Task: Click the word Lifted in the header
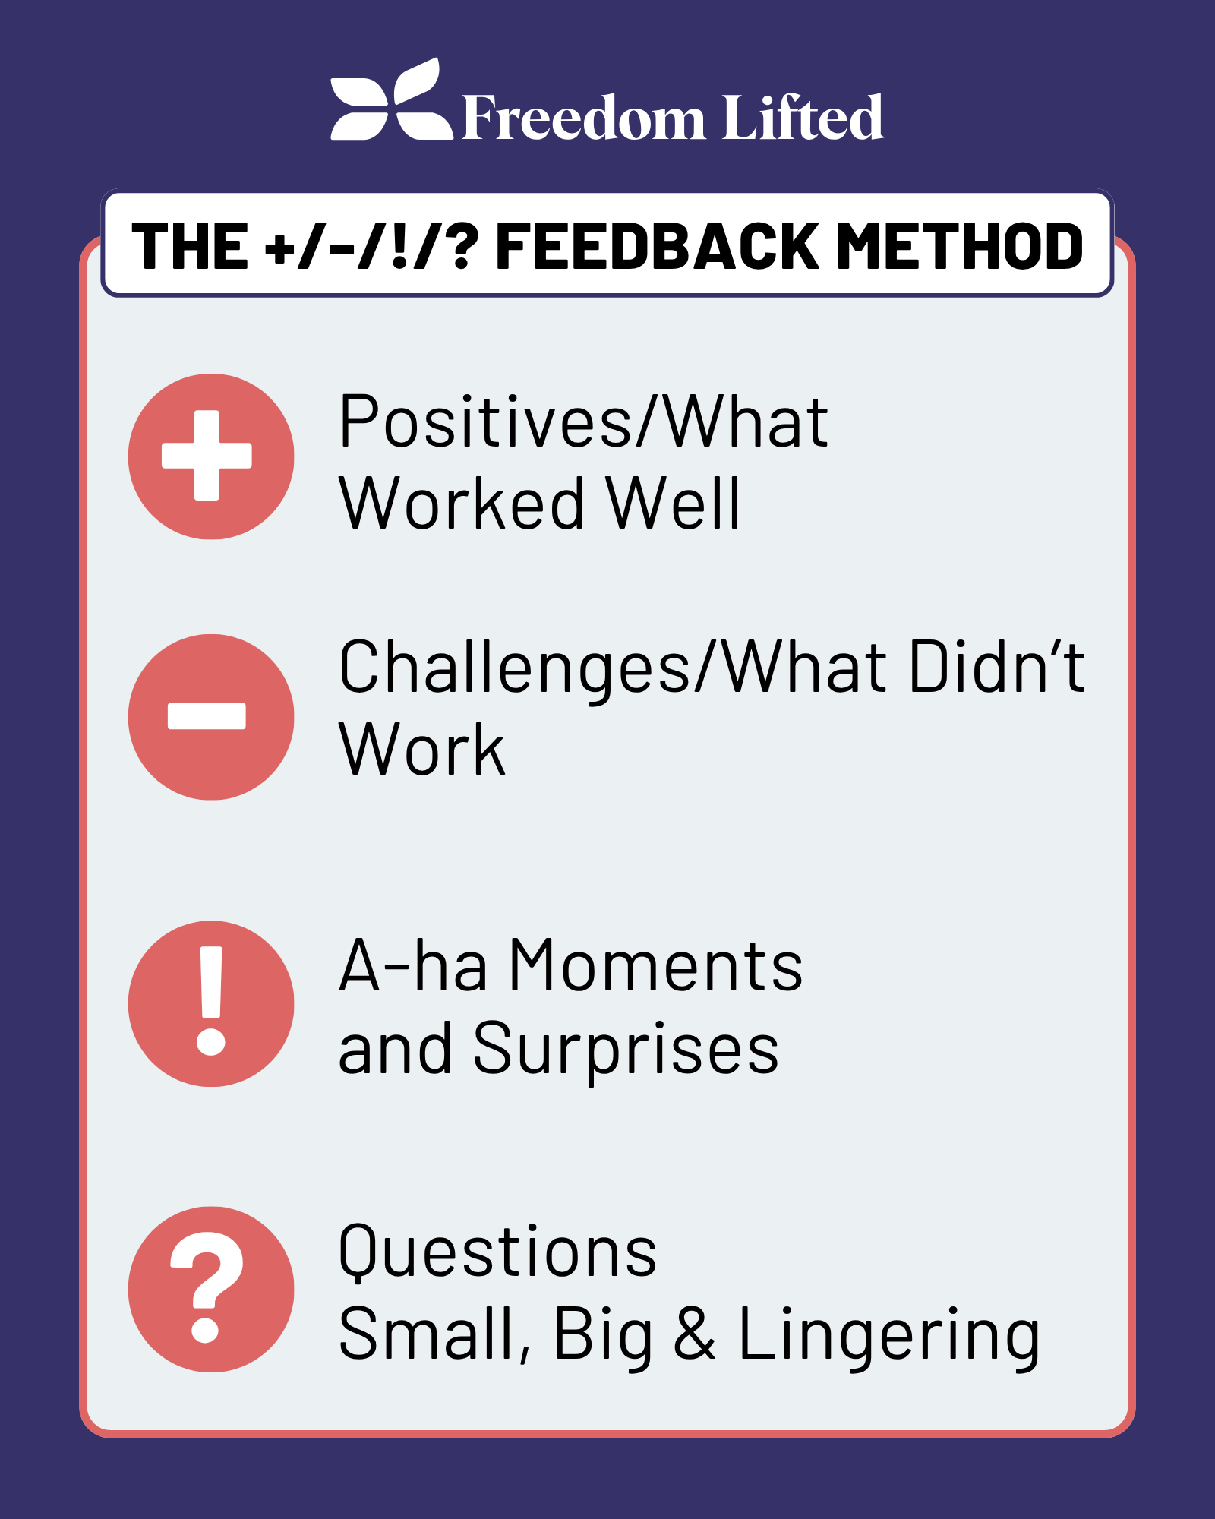(x=803, y=117)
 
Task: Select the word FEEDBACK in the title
(x=657, y=246)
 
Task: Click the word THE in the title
(x=190, y=246)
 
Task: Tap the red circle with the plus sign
(x=211, y=456)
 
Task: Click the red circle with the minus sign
(x=211, y=716)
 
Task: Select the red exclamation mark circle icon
(x=211, y=1003)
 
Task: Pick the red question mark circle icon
(x=211, y=1289)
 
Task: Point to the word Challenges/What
(x=612, y=668)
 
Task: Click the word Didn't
(x=996, y=668)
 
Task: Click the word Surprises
(x=626, y=1049)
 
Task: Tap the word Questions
(x=497, y=1251)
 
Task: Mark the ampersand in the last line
(x=694, y=1334)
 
